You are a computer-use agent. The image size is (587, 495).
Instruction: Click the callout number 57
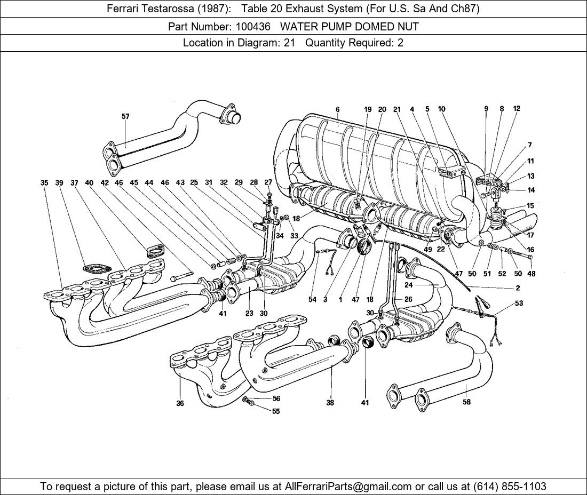[x=125, y=116]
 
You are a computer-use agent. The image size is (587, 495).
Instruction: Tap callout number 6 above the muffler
[x=338, y=109]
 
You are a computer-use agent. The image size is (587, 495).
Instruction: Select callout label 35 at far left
[x=44, y=183]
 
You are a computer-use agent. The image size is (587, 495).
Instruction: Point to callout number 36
[x=180, y=403]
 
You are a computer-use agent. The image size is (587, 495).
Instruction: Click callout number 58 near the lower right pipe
[x=466, y=402]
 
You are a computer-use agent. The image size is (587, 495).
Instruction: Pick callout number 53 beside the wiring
[x=519, y=303]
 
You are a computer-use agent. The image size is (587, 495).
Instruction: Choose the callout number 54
[x=312, y=299]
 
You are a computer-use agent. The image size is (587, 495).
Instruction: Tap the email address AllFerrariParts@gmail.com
[x=348, y=486]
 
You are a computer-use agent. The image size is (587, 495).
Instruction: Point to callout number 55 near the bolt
[x=276, y=411]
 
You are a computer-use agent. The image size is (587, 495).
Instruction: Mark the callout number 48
[x=531, y=274]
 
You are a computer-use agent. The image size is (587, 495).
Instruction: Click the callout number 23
[x=249, y=314]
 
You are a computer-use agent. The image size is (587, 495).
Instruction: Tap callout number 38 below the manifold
[x=330, y=403]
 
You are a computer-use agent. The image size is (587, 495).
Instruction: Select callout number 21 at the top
[x=396, y=109]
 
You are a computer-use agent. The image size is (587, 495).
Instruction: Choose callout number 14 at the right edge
[x=531, y=190]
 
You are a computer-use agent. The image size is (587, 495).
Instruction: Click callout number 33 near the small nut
[x=294, y=235]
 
